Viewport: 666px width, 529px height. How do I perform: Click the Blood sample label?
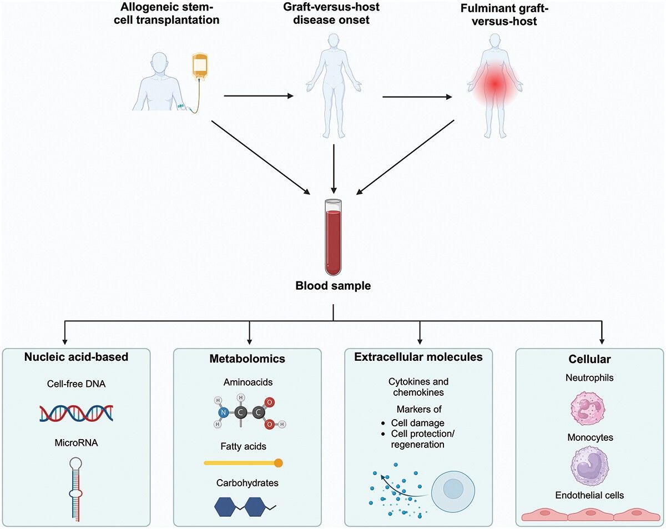click(x=332, y=287)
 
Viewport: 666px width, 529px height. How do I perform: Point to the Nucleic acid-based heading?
click(x=76, y=357)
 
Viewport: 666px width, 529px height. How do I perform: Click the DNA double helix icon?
click(x=77, y=413)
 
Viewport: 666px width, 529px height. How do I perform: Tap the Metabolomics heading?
click(x=247, y=359)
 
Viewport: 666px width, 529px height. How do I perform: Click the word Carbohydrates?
click(x=247, y=483)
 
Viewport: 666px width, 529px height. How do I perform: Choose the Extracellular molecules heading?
click(x=418, y=357)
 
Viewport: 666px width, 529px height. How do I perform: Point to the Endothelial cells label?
click(x=590, y=495)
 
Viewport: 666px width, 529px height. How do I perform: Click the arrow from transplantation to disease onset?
click(x=259, y=97)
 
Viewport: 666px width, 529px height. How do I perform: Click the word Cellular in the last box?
click(x=590, y=360)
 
